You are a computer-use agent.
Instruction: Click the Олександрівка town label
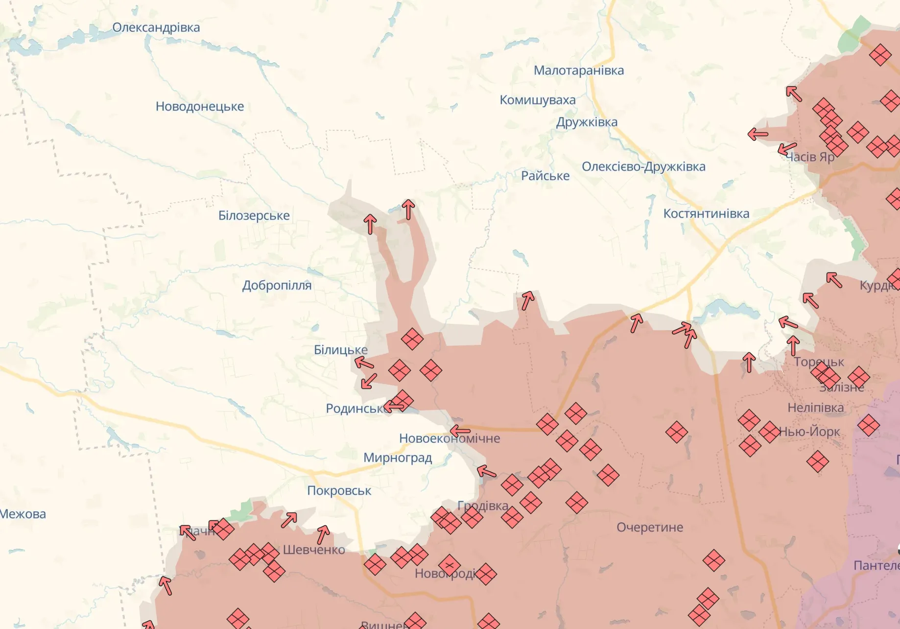coord(156,27)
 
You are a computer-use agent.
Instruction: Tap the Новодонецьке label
coord(199,106)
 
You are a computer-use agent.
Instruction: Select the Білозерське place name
coord(254,216)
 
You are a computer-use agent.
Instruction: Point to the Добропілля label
coord(277,285)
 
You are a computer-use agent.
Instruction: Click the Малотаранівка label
coord(578,71)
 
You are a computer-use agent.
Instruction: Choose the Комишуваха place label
coord(537,100)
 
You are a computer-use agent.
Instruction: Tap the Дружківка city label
coord(586,122)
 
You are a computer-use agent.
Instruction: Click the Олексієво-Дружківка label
coord(643,167)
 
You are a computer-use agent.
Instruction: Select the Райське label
coord(545,176)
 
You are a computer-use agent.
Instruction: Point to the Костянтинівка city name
coord(706,214)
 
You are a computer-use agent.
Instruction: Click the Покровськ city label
coord(339,491)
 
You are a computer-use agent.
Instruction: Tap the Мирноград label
coord(397,458)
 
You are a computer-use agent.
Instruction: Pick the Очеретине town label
coord(649,528)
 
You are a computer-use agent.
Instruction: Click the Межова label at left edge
coord(23,514)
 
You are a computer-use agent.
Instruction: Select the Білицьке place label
coord(340,350)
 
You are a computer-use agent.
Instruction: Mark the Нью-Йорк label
coord(809,432)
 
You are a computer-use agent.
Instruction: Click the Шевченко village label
coord(313,550)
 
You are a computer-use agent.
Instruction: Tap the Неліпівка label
coord(815,408)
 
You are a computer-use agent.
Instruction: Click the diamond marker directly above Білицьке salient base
coord(412,339)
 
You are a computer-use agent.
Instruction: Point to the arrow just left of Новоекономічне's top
coord(459,431)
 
